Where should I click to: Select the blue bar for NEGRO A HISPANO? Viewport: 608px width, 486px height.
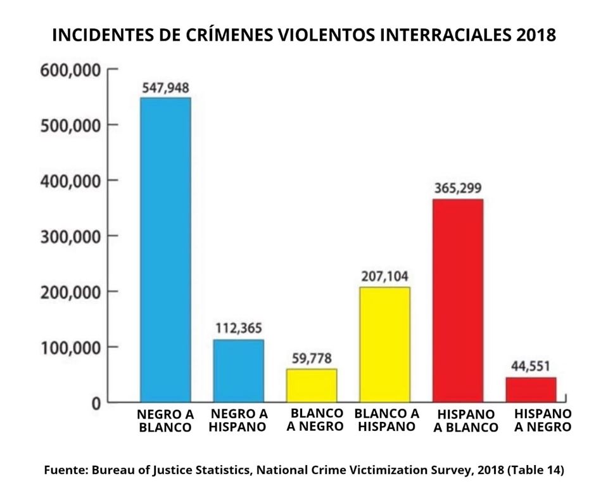point(238,370)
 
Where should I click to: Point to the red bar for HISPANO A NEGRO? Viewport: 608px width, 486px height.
point(531,389)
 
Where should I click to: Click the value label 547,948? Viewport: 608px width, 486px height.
point(165,88)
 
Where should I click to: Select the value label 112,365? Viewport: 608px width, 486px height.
point(238,329)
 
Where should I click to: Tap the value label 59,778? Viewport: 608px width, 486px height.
point(312,359)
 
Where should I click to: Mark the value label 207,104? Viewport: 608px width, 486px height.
point(384,276)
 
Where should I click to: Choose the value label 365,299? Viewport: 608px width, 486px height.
point(458,188)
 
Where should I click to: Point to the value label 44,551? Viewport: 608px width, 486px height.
point(531,366)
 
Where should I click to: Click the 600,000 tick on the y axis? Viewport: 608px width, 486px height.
point(70,70)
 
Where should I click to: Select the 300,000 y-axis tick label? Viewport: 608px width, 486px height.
point(70,236)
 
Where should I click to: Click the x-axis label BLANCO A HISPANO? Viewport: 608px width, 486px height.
point(386,419)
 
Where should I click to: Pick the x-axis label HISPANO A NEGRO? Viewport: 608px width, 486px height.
point(542,420)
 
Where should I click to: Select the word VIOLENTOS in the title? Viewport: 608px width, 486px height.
point(317,35)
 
